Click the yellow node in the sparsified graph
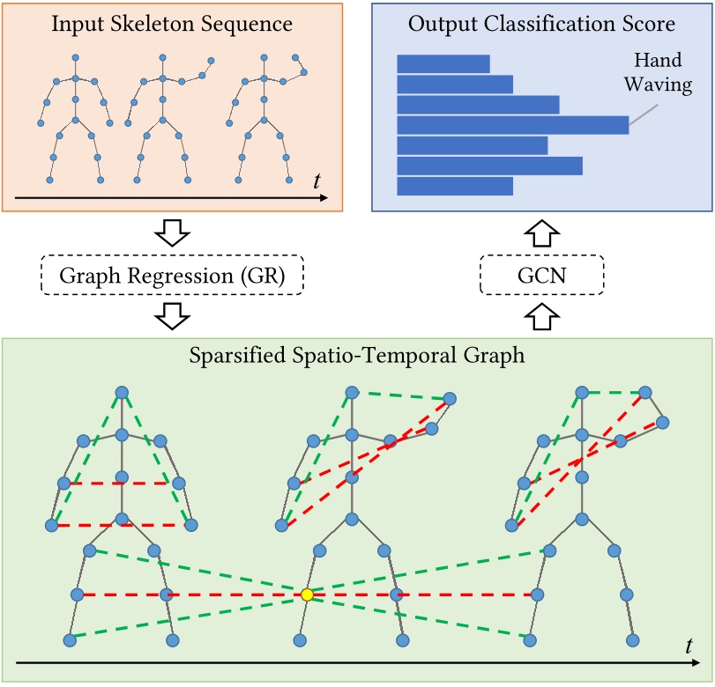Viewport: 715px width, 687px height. point(307,595)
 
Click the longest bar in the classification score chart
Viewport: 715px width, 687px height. point(512,125)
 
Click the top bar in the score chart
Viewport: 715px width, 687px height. point(443,63)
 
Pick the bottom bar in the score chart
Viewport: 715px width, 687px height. point(455,186)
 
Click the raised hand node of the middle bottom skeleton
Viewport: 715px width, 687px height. point(451,398)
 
